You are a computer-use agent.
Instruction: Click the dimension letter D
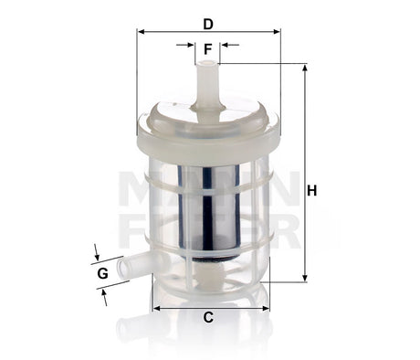[207, 23]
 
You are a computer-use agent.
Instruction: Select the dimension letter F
[207, 48]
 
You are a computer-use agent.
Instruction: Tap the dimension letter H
[311, 191]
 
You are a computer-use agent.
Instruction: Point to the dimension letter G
[102, 272]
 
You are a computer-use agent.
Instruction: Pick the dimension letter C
[207, 317]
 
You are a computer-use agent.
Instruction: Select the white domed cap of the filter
[208, 122]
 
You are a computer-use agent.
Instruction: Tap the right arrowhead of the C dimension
[266, 307]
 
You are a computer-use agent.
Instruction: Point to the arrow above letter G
[97, 251]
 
